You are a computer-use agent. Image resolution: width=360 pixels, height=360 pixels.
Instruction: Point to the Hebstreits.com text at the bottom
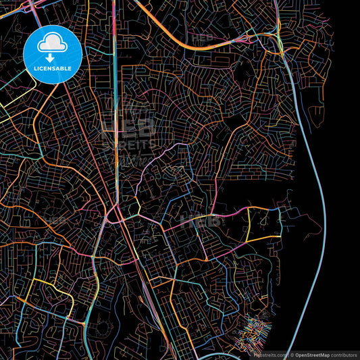pos(268,355)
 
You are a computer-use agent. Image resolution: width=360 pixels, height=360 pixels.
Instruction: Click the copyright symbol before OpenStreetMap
pos(291,355)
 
